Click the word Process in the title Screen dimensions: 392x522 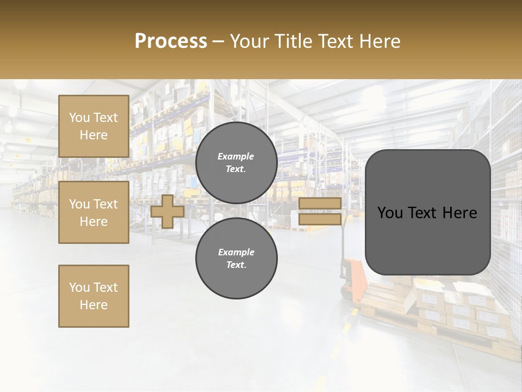(171, 41)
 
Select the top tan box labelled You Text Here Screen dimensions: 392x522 (94, 126)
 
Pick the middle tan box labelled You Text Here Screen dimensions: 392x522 (94, 212)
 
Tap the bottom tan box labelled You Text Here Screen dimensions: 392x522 (94, 296)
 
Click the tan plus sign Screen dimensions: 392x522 (167, 211)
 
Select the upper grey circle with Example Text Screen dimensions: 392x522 (236, 163)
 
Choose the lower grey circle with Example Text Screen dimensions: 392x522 (236, 259)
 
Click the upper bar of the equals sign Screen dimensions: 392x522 (320, 203)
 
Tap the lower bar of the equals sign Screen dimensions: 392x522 (320, 219)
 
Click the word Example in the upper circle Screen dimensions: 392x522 (235, 156)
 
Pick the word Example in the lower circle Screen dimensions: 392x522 (236, 252)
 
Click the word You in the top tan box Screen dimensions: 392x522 (79, 118)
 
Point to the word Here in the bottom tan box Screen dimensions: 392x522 (94, 305)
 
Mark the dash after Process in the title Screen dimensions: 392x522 (218, 41)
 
